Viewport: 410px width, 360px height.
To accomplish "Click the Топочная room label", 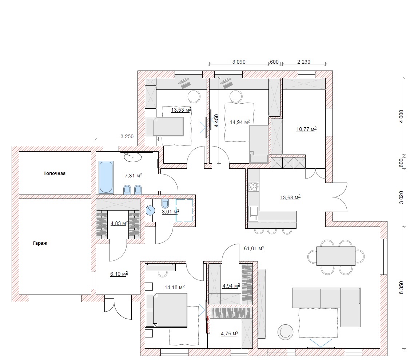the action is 55,173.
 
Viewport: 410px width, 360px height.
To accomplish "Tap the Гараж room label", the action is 40,243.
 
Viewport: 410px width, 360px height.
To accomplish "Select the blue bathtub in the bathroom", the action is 106,177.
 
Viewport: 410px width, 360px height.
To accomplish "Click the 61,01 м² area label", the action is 254,248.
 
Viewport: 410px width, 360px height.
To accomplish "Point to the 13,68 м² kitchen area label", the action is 290,197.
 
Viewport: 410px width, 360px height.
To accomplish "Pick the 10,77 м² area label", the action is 306,129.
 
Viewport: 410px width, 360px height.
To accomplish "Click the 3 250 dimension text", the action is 127,136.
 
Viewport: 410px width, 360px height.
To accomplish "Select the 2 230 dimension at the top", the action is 303,62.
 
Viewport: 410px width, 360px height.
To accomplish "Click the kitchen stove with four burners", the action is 253,187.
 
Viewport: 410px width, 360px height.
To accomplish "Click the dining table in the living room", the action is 336,256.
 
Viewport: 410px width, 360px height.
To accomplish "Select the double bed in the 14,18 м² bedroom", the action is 166,310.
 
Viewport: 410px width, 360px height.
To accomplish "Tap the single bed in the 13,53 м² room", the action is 164,127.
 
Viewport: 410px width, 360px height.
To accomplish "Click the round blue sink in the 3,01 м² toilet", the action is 150,210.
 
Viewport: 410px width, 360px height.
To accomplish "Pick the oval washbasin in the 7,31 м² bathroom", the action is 132,157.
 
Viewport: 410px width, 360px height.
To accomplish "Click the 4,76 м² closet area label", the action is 230,333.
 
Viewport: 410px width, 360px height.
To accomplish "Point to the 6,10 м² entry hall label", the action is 119,274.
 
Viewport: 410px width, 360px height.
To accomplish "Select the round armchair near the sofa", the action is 285,332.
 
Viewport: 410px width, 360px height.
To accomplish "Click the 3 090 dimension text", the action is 239,62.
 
